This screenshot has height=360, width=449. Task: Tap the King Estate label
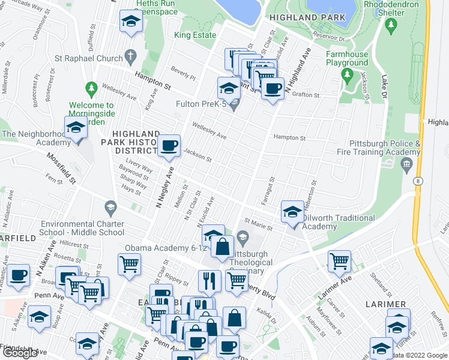(194, 35)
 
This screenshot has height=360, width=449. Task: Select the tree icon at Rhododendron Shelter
(391, 25)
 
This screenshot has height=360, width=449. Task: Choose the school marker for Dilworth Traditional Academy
(292, 212)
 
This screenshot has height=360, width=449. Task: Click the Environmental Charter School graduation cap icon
(110, 208)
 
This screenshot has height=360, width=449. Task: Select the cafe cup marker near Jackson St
(169, 145)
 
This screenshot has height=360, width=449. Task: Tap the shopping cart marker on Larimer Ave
(339, 261)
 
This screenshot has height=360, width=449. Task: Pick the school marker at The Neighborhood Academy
(76, 129)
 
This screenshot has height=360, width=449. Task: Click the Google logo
(20, 353)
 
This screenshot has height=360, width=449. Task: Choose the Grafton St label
(306, 94)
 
